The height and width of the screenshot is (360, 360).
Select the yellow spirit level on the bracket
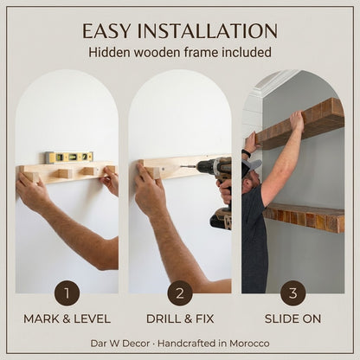69,157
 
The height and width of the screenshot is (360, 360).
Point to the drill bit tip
182,166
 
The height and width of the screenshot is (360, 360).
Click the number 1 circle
67,293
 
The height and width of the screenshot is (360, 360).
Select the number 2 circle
180,293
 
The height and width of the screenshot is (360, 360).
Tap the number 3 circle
293,293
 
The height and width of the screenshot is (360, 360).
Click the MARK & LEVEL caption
67,319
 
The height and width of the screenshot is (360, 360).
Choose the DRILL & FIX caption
180,319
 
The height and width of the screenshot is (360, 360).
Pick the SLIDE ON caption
292,319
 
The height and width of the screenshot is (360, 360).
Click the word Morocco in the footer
249,344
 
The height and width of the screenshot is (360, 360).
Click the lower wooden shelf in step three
305,217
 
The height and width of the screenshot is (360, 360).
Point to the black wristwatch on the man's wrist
246,153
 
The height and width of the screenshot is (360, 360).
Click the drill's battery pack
221,219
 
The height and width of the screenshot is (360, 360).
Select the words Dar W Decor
120,344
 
